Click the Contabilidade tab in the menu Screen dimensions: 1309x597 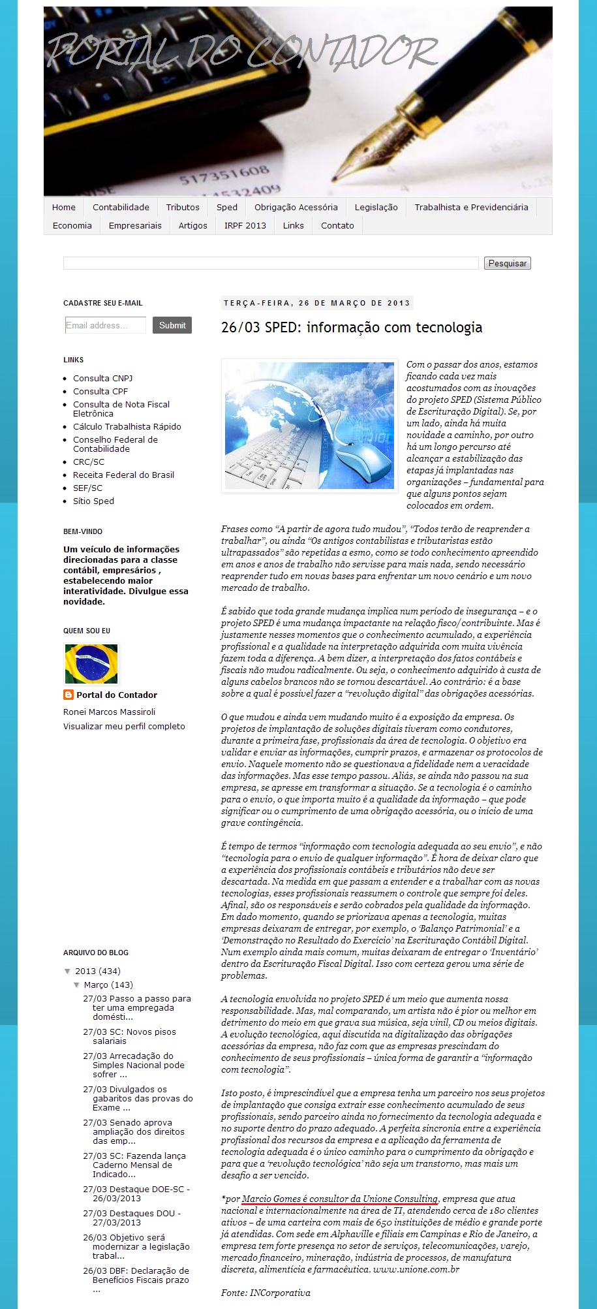point(121,207)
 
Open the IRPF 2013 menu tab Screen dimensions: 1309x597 point(245,225)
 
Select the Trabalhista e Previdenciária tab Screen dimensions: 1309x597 point(471,207)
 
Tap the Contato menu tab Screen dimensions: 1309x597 point(337,225)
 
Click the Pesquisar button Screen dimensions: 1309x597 point(507,263)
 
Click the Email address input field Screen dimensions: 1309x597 point(105,325)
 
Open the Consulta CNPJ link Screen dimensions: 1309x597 point(102,378)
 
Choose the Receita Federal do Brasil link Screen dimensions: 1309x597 point(123,475)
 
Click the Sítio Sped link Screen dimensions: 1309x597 point(93,501)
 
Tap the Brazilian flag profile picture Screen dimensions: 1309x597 point(91,663)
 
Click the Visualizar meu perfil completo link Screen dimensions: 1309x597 point(124,726)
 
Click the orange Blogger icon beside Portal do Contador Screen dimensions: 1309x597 point(69,695)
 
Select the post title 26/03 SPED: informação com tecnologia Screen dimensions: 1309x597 point(352,327)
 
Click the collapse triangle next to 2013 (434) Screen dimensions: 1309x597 point(68,971)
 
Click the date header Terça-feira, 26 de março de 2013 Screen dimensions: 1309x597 point(317,303)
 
